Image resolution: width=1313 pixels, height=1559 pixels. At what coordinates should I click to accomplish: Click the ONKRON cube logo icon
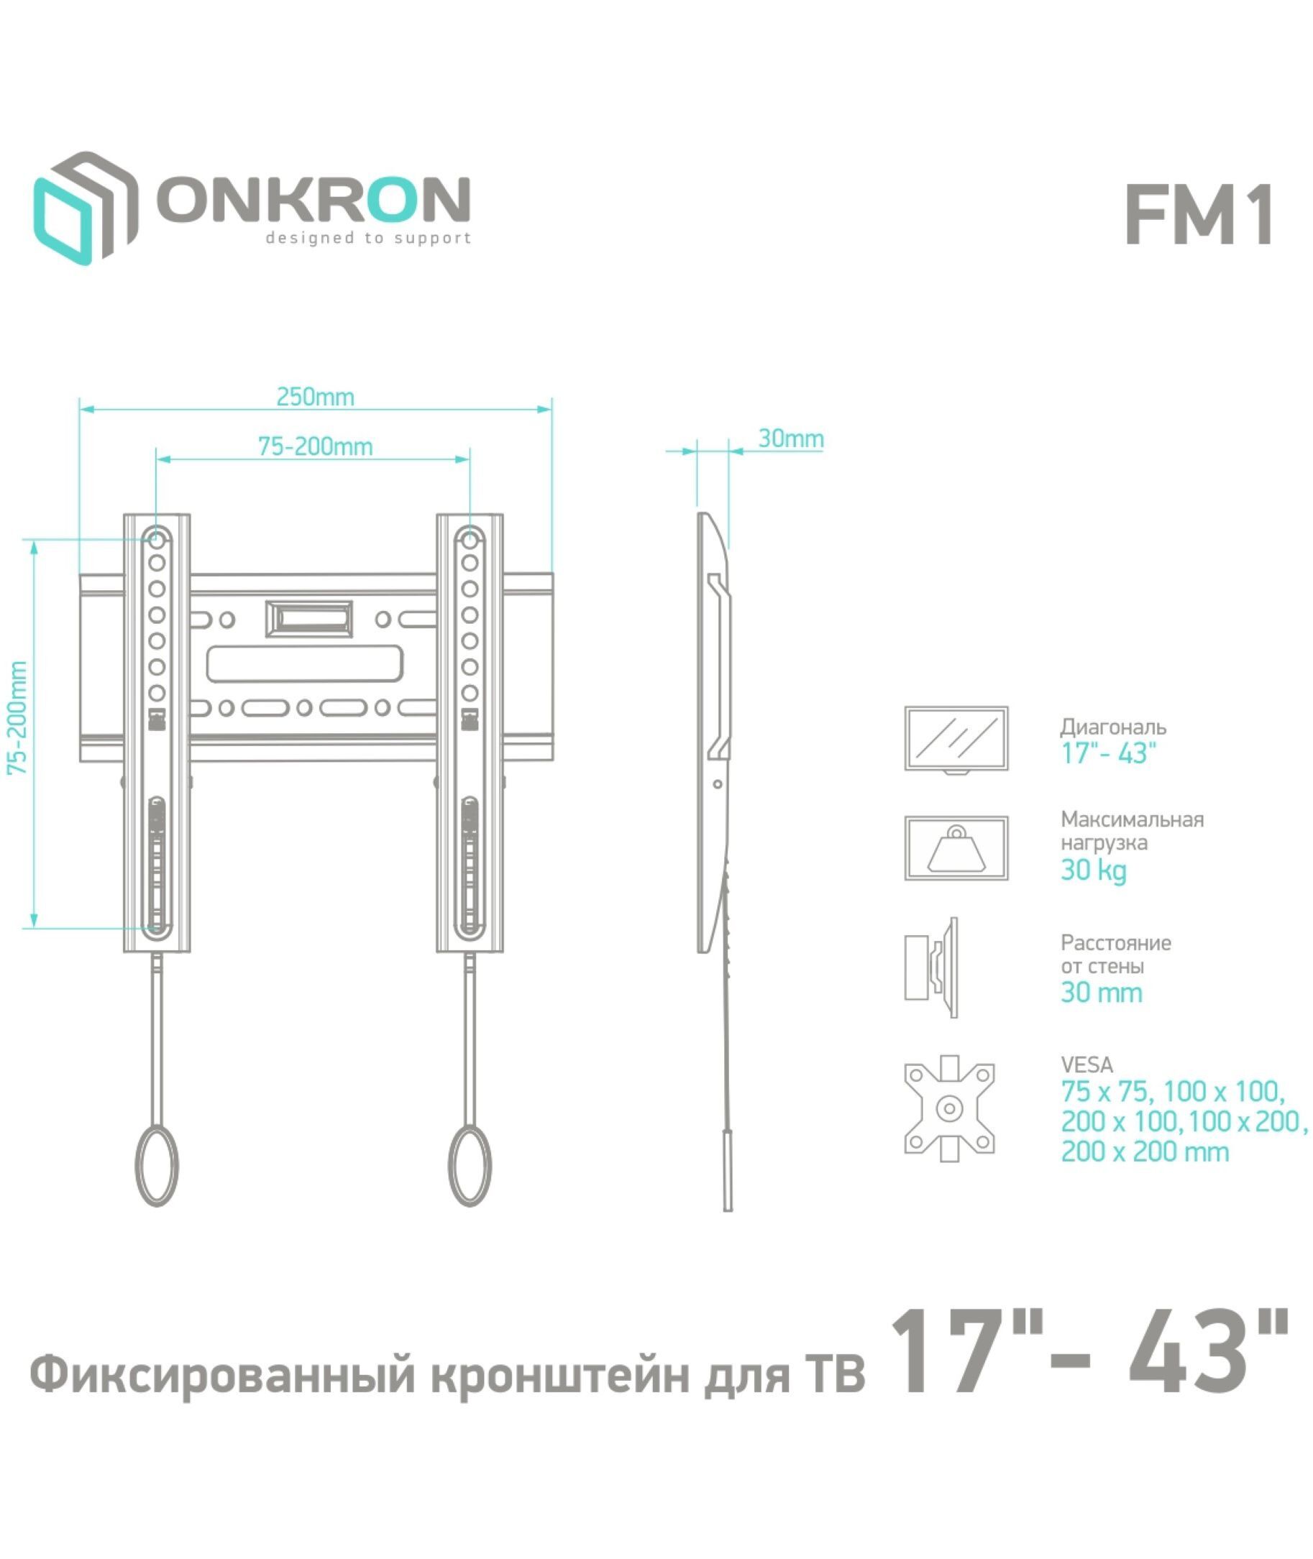85,208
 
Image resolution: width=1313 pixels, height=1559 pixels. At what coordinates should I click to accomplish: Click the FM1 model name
1199,216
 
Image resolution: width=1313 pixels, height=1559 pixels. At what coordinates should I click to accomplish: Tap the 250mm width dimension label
315,397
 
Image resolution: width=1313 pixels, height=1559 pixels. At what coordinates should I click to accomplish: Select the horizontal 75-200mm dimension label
315,446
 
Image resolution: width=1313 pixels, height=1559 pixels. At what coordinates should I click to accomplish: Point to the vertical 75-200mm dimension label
17,718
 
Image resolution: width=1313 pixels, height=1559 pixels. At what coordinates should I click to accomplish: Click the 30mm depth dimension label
790,438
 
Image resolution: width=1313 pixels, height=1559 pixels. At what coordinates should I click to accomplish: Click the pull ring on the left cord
157,1165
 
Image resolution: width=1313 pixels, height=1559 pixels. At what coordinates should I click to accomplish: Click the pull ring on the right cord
470,1165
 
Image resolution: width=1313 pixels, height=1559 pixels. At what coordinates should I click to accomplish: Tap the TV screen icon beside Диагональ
956,740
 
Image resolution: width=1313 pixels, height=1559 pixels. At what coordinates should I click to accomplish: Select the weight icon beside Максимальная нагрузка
956,848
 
